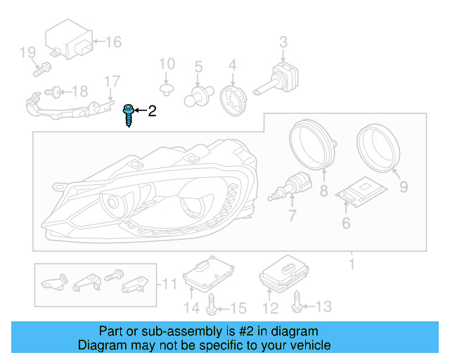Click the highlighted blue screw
[129, 115]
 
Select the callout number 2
[152, 110]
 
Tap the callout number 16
[113, 42]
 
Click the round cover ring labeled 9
[378, 146]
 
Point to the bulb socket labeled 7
[293, 190]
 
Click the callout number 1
[352, 264]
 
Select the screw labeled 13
[297, 304]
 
